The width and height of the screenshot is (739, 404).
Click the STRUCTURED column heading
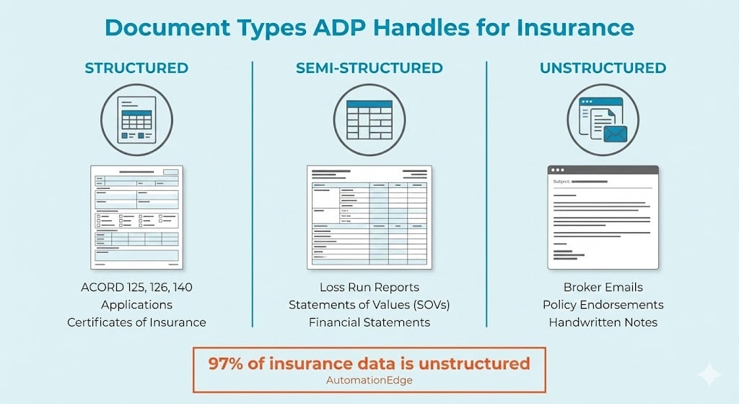(136, 68)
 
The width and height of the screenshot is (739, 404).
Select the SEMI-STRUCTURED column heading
(369, 68)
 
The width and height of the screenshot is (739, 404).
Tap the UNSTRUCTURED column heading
(603, 68)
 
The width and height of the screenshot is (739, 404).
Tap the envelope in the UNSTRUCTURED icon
(615, 133)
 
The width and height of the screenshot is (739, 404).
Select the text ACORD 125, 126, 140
(136, 287)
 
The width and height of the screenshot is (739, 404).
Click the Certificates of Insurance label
(136, 322)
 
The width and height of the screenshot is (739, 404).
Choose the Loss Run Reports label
(369, 287)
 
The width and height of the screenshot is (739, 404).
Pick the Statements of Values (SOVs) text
(369, 304)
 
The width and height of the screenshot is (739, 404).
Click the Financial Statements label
(369, 322)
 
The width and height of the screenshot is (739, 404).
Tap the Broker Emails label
(603, 287)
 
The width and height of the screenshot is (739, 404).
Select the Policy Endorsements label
(603, 304)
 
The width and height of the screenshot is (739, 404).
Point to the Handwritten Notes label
(603, 322)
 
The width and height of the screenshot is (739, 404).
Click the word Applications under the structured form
(136, 304)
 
